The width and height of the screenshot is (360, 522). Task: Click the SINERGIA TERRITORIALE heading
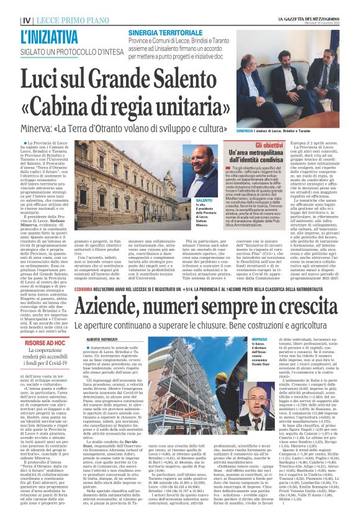(x=160, y=32)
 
